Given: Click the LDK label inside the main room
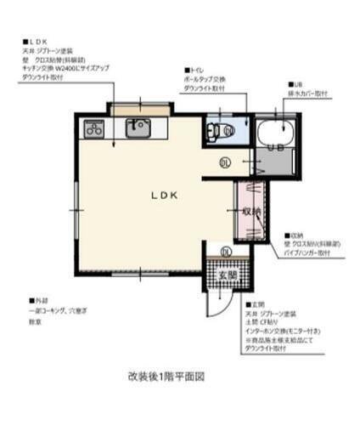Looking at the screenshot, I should (x=164, y=195).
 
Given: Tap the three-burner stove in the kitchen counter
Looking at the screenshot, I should (x=93, y=130).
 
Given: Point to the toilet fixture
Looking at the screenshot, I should (x=223, y=131).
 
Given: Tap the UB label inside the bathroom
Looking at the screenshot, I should (x=274, y=148).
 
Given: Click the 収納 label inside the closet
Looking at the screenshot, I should (x=250, y=211).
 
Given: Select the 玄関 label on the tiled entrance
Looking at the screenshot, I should (x=224, y=275).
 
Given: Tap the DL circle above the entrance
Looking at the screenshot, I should (x=226, y=252).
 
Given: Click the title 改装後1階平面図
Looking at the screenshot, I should (x=167, y=375).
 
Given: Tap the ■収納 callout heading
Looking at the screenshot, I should (x=295, y=235).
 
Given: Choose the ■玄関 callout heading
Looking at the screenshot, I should (x=256, y=303).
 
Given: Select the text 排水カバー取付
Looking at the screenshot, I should (x=309, y=93).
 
